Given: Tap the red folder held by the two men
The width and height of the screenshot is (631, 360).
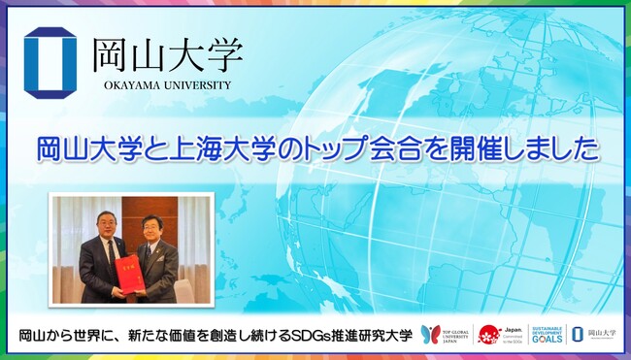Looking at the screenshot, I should (x=127, y=275).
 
